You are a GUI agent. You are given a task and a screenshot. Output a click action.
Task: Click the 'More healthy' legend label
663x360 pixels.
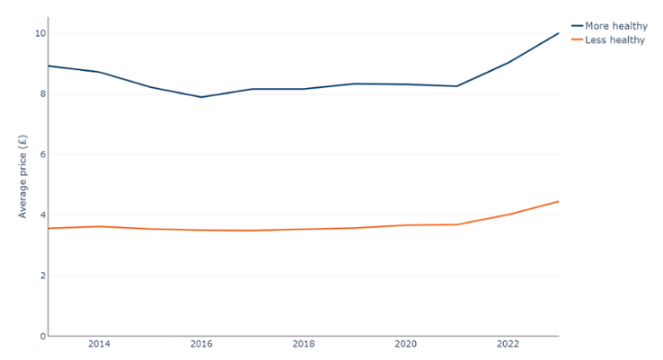pos(615,26)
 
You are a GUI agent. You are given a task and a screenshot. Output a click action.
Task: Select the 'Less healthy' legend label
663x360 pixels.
pos(614,40)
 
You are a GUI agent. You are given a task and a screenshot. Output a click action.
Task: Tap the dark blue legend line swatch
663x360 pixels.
pos(576,26)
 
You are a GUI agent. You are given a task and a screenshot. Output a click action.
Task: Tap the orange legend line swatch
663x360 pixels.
pos(576,40)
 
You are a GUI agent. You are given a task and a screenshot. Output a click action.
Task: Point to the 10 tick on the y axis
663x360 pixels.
pos(40,33)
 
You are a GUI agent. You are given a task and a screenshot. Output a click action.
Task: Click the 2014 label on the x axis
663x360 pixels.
pos(99,344)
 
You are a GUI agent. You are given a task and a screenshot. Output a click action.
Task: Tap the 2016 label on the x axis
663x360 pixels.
pos(201,344)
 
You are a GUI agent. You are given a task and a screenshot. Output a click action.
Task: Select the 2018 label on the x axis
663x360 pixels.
pos(304,344)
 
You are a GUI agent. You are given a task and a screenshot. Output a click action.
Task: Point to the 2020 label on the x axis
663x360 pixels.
pos(405,344)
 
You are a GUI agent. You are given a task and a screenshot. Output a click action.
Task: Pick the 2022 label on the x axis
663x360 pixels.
pos(508,344)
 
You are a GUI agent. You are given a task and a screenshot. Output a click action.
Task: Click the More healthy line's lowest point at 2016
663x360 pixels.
pos(201,97)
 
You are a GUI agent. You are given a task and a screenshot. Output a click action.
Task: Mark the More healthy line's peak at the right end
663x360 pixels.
pos(558,33)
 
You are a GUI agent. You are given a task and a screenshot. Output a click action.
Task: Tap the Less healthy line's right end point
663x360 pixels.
pos(558,201)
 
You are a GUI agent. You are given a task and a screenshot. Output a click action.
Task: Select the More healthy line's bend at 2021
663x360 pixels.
pos(456,86)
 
